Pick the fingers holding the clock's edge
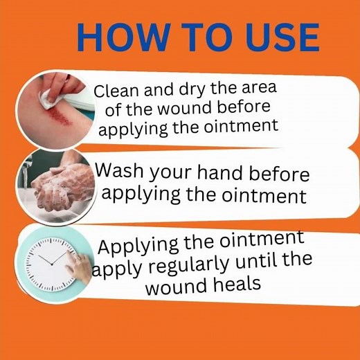tap(82, 265)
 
